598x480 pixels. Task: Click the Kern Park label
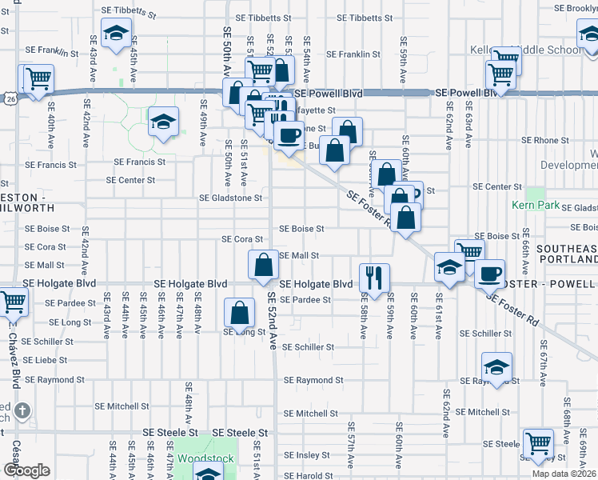point(536,206)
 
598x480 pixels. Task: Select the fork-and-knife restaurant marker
point(374,278)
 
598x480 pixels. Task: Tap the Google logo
point(27,470)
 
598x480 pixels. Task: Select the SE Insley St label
point(307,455)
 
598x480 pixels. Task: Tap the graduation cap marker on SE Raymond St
point(496,366)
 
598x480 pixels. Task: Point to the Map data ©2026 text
point(564,474)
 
